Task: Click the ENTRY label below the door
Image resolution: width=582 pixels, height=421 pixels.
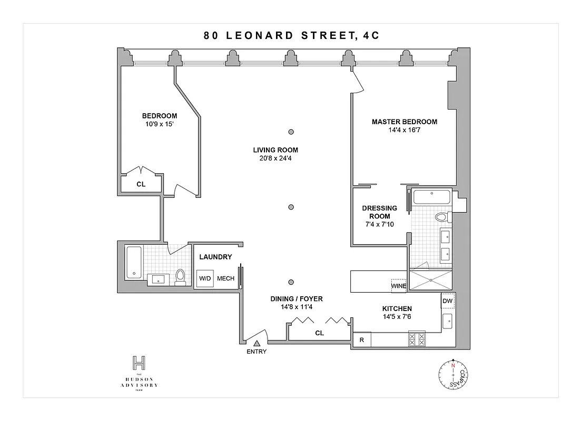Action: point(257,352)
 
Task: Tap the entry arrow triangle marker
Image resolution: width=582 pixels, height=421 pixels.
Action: point(257,343)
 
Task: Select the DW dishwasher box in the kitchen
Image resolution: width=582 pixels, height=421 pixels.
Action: point(448,301)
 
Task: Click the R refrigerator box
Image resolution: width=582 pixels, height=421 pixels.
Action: point(362,340)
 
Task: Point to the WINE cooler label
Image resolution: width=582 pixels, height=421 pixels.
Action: point(398,286)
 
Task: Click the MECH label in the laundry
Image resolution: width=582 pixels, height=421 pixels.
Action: point(225,279)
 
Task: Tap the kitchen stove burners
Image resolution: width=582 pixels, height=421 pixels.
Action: point(417,339)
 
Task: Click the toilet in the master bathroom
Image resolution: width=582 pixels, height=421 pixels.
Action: point(440,217)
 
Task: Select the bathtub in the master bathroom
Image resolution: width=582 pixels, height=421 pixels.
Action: point(432,198)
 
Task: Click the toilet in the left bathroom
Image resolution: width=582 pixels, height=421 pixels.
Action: point(181,276)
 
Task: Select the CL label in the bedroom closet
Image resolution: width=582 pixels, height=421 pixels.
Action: point(141,185)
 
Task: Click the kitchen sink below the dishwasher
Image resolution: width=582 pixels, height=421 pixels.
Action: point(447,319)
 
